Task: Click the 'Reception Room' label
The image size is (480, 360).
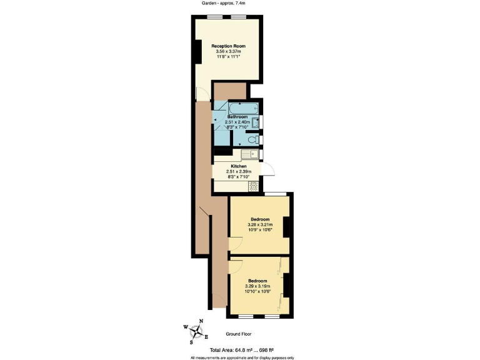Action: point(227,46)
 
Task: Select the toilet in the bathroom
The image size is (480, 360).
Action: point(254,139)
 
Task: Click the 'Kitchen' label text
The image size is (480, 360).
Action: point(237,166)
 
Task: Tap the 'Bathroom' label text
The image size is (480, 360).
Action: point(237,117)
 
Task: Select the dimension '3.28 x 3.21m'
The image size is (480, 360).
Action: point(259,225)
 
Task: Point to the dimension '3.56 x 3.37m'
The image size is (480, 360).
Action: point(227,52)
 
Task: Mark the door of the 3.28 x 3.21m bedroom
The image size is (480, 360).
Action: point(235,246)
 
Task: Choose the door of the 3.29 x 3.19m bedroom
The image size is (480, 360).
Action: point(235,267)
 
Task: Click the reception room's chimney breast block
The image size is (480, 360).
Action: point(197,51)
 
